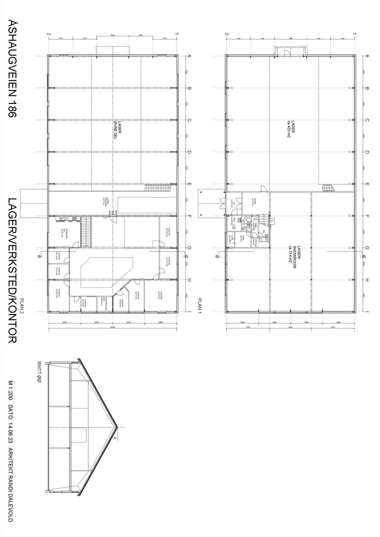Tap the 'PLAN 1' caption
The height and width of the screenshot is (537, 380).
200,305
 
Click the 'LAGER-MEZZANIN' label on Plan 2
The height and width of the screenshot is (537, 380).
104,202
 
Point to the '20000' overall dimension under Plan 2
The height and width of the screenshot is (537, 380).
113,327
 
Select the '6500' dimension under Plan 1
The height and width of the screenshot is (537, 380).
290,327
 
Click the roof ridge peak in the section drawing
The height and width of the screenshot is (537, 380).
117,427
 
